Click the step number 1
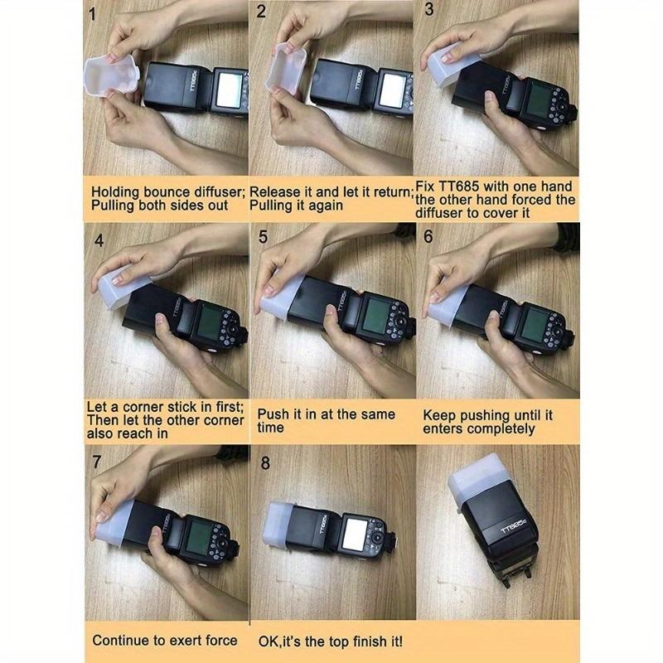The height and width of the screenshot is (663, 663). click(x=92, y=15)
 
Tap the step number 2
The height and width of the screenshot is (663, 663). click(x=261, y=11)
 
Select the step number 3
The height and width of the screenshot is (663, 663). click(x=428, y=9)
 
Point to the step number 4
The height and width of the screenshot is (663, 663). click(x=99, y=240)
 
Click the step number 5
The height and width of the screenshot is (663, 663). click(x=263, y=237)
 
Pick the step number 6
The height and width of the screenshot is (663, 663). click(x=428, y=236)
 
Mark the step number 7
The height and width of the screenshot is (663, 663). click(x=97, y=462)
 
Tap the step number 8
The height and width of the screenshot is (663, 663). click(x=265, y=463)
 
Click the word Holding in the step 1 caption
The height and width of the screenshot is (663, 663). click(x=115, y=193)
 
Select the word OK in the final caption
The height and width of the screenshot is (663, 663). click(x=269, y=641)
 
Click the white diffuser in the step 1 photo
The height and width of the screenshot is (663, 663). click(x=111, y=77)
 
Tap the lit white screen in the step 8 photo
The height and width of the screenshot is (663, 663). click(x=356, y=534)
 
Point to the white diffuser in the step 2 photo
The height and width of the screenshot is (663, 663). click(x=286, y=68)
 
